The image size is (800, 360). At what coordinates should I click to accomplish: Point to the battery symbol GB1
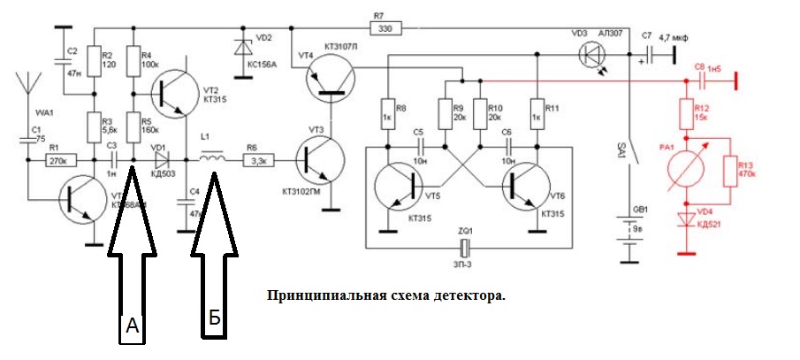click(x=630, y=234)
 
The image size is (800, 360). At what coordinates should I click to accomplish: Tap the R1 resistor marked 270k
click(x=61, y=160)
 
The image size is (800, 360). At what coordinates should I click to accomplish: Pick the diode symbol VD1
click(x=161, y=160)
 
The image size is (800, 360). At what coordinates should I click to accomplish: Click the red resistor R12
click(x=686, y=113)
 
